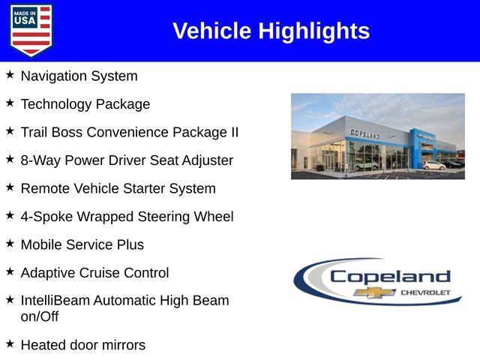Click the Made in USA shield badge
coord(31,30)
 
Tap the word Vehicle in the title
coord(212,31)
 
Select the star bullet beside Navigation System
coord(10,75)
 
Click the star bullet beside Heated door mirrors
coord(10,343)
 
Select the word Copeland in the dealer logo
coord(390,276)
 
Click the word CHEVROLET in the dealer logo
coord(425,292)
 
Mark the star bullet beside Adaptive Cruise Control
coord(10,271)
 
